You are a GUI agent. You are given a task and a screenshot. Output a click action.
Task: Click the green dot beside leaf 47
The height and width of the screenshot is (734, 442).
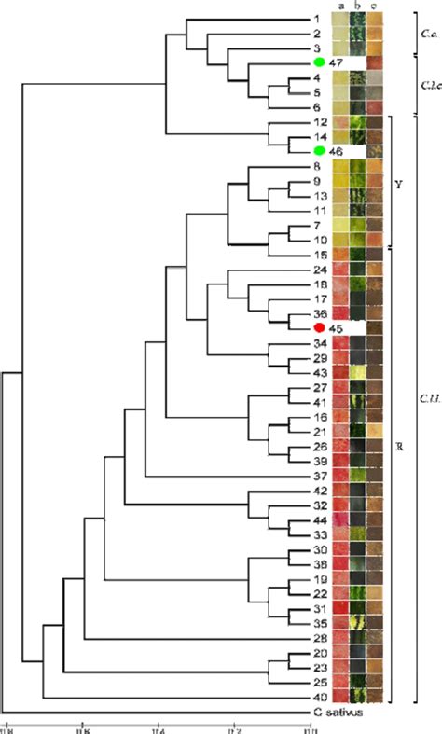320,62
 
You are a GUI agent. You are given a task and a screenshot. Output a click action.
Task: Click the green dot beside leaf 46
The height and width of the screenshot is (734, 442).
320,151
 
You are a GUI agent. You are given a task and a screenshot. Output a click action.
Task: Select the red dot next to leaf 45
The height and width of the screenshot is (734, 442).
320,328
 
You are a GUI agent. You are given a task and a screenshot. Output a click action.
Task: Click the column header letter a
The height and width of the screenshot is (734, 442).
341,7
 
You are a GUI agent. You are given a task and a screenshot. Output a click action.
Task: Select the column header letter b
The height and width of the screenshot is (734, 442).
357,7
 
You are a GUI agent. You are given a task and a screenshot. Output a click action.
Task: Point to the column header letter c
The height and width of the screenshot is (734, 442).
374,7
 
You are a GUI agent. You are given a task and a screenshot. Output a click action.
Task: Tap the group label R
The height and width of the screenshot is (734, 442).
399,447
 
